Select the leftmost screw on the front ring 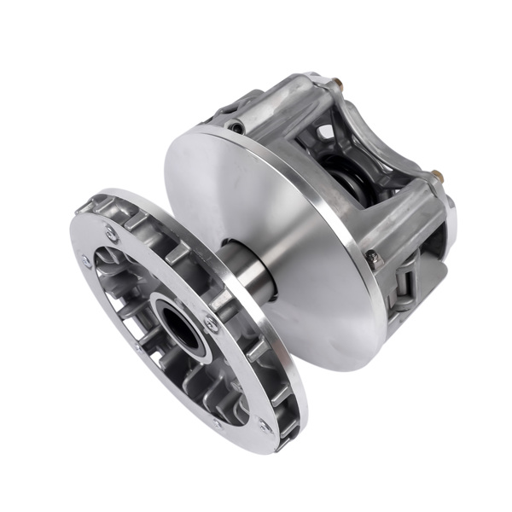[x=86, y=263]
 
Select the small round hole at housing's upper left [x=236, y=127]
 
